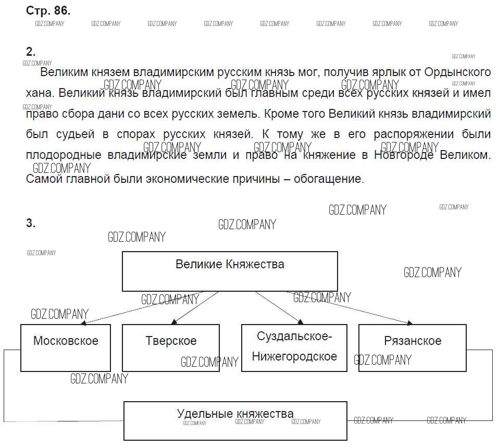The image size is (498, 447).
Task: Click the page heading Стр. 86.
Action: (48, 10)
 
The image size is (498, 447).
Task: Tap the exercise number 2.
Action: (31, 52)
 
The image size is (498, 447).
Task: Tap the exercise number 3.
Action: (31, 223)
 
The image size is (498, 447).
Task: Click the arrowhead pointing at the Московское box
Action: (84, 323)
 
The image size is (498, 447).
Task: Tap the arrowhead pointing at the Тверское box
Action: (174, 322)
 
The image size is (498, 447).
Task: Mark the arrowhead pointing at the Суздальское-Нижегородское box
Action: (301, 322)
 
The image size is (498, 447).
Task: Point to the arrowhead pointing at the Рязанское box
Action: (409, 323)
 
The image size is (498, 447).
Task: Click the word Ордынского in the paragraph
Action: (457, 72)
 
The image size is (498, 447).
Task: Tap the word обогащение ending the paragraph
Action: (329, 179)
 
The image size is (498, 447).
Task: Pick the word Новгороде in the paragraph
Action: (404, 155)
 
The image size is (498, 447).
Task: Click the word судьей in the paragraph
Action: (75, 134)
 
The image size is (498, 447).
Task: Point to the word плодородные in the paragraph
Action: (64, 155)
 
